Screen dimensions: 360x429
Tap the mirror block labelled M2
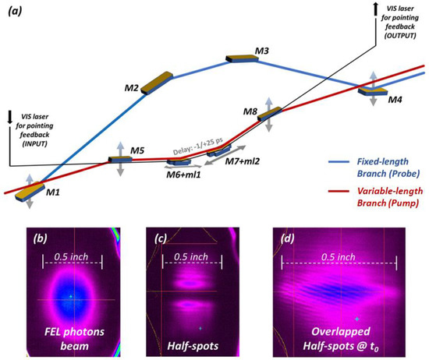(158, 81)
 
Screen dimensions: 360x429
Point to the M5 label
(136, 150)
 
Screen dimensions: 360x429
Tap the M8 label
(250, 112)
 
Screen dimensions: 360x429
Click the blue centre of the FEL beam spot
(70, 296)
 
